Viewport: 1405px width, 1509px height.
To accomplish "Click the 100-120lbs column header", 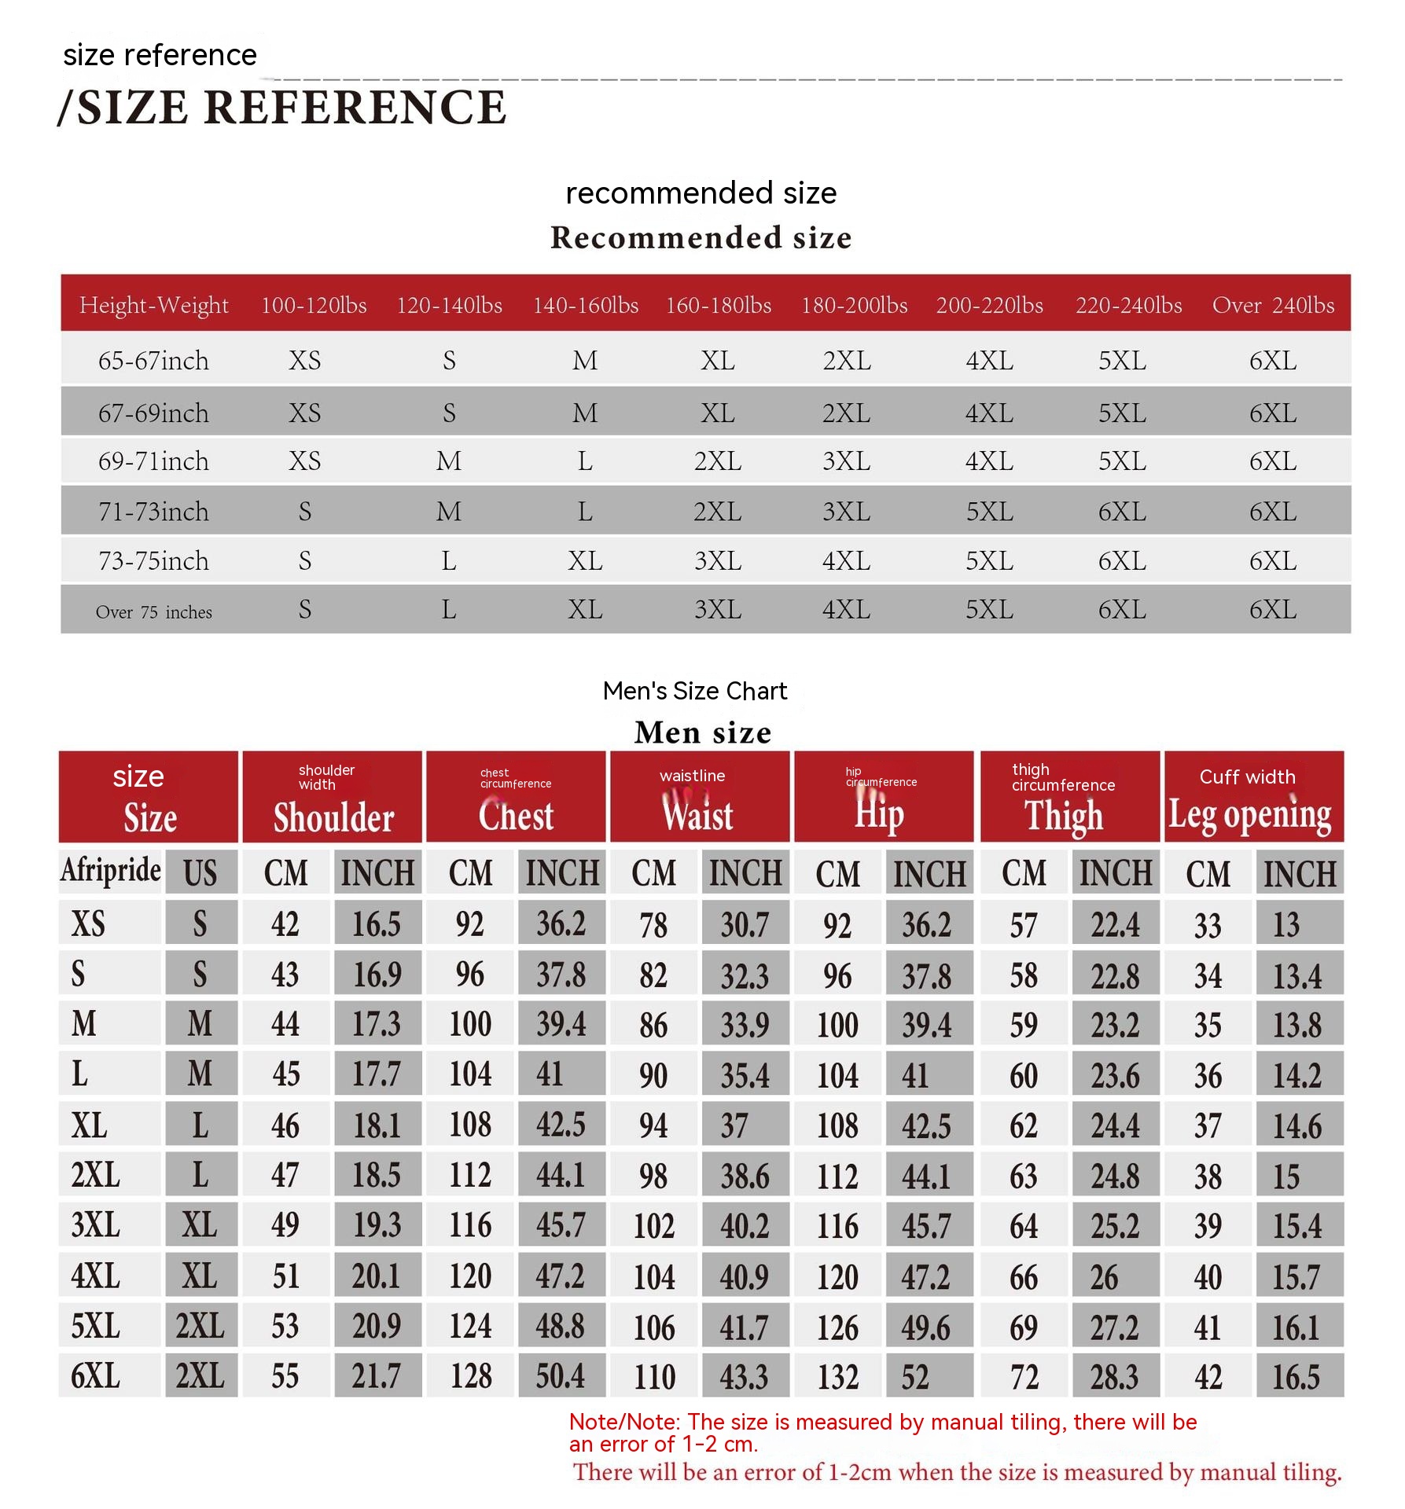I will [314, 305].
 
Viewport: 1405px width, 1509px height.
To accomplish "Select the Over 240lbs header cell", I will [1273, 305].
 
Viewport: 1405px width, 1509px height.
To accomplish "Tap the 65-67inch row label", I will [153, 361].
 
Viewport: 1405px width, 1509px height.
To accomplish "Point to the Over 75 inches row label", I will [153, 611].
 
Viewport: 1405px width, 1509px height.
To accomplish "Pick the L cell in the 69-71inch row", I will [585, 461].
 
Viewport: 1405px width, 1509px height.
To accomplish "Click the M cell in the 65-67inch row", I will [585, 361].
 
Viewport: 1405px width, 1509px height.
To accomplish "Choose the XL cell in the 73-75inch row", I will [585, 561].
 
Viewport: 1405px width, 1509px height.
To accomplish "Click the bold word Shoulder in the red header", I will [333, 818].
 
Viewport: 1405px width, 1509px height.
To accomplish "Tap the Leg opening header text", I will [1249, 815].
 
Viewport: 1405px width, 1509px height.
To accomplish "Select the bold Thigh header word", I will [1063, 816].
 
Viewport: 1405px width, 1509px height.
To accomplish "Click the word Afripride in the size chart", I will [111, 871].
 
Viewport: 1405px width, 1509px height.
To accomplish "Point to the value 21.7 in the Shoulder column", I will [376, 1376].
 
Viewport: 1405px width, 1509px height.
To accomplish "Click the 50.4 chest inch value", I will [560, 1376].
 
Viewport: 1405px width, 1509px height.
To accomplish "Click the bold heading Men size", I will [703, 732].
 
